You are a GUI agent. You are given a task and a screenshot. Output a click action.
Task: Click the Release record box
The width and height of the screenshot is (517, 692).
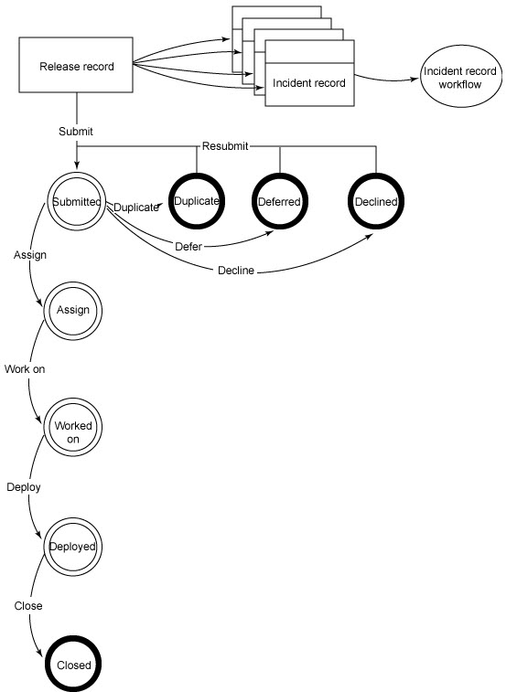(76, 65)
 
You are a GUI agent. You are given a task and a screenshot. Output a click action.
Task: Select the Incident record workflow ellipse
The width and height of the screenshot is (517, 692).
(461, 76)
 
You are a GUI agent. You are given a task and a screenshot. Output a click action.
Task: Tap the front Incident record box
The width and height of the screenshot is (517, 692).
(309, 73)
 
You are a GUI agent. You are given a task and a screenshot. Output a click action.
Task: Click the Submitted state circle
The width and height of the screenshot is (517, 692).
(77, 201)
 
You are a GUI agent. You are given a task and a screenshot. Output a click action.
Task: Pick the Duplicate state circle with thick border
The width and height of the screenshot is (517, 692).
(197, 201)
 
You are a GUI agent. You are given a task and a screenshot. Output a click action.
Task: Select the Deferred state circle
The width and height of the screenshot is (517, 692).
(280, 201)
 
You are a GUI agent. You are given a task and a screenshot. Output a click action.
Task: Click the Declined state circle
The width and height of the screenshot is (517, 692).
(376, 201)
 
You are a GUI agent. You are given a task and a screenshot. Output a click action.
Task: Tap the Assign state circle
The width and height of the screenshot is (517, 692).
(73, 311)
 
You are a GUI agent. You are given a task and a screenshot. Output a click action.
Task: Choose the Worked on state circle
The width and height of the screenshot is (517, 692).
(73, 427)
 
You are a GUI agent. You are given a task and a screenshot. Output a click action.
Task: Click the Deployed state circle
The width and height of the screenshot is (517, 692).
(73, 547)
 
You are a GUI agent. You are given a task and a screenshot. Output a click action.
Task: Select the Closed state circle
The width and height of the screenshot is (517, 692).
(73, 665)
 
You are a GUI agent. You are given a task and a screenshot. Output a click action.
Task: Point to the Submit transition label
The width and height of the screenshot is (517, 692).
(76, 131)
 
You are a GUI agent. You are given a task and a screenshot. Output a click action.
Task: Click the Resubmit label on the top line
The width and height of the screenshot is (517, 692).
(225, 146)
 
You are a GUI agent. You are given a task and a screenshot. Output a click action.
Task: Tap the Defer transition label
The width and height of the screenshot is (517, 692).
(188, 246)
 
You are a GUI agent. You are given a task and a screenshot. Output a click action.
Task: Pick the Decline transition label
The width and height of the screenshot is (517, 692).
(236, 270)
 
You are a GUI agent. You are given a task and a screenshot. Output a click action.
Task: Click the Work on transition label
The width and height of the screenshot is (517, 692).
(25, 369)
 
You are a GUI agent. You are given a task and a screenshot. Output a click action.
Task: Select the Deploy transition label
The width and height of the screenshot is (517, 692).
(24, 487)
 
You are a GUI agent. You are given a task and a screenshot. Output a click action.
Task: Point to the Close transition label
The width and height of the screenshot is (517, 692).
(28, 605)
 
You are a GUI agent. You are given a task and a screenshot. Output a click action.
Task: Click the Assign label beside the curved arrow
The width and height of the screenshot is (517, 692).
(30, 255)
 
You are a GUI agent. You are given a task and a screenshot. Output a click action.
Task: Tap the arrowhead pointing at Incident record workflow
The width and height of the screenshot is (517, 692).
(414, 80)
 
